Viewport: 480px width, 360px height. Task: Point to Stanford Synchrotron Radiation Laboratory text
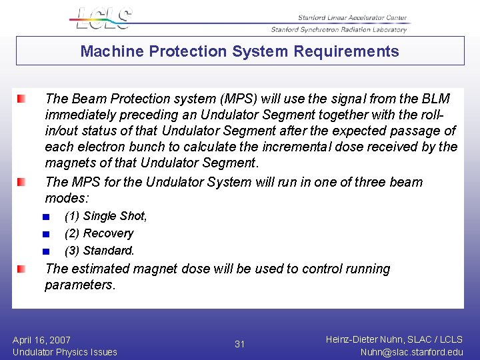pos(339,29)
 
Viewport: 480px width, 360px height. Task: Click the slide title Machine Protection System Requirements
pos(240,51)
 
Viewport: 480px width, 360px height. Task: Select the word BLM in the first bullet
pos(436,99)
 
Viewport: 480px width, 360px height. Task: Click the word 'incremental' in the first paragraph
pos(315,147)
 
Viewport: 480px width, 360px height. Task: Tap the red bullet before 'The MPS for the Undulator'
pos(22,182)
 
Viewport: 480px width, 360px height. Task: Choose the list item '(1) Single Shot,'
pos(105,216)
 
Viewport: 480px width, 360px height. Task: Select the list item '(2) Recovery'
pos(99,233)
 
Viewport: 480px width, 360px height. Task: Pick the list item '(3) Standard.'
pos(99,251)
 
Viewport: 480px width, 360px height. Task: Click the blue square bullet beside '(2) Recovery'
pos(45,234)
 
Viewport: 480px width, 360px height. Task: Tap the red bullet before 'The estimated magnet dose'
pos(22,269)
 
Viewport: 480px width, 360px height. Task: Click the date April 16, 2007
pos(41,340)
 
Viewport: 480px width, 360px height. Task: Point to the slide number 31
pos(240,345)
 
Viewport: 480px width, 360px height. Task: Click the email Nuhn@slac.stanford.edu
pos(411,352)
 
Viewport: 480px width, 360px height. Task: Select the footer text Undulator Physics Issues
pos(65,352)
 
